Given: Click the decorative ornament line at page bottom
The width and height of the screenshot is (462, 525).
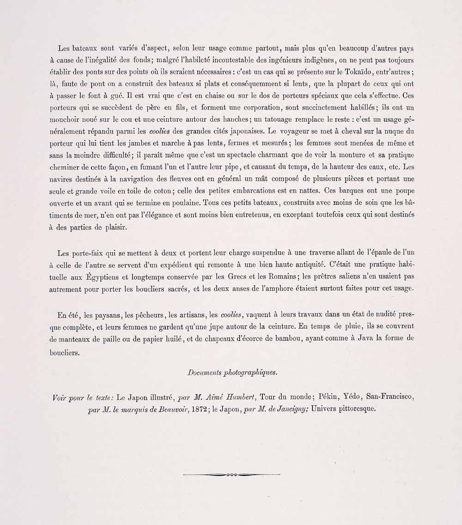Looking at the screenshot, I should click(231, 474).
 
